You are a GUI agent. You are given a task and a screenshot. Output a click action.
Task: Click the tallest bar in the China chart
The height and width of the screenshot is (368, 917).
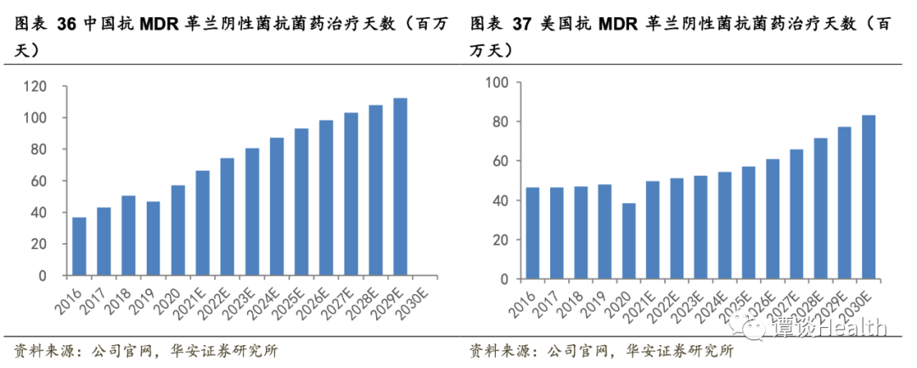[x=400, y=187]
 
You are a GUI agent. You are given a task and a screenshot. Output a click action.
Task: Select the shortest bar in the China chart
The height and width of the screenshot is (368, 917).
[x=78, y=246]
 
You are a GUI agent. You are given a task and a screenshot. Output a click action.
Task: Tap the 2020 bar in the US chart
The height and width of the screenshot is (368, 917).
[x=628, y=241]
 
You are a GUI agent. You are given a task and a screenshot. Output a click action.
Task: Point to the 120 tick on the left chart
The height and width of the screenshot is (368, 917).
[x=34, y=86]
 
